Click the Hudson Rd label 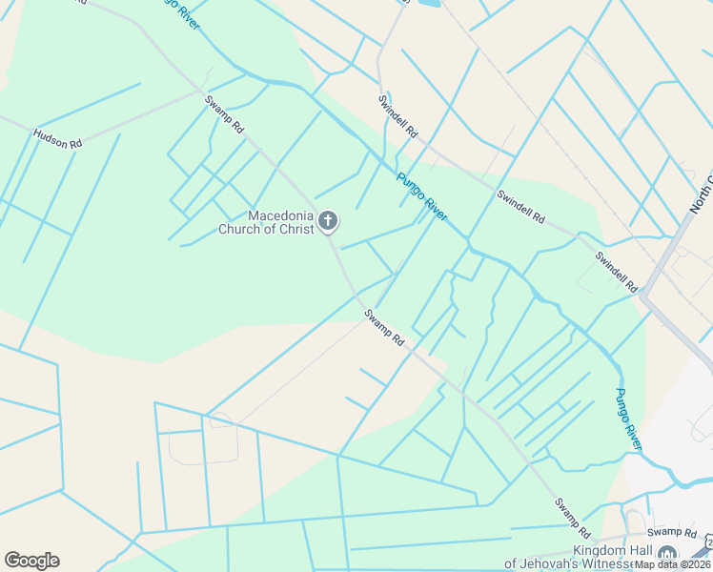(x=57, y=138)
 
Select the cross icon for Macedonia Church (x=327, y=222)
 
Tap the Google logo (x=31, y=561)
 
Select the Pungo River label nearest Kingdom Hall (x=628, y=419)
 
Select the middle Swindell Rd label (x=520, y=207)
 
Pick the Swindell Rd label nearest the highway (x=616, y=271)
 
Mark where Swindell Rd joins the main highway (x=644, y=290)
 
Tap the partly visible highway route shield (x=708, y=544)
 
